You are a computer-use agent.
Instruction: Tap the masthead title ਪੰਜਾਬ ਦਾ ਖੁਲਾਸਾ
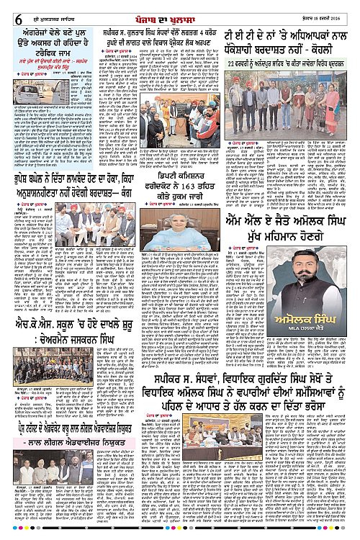click(181, 8)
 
